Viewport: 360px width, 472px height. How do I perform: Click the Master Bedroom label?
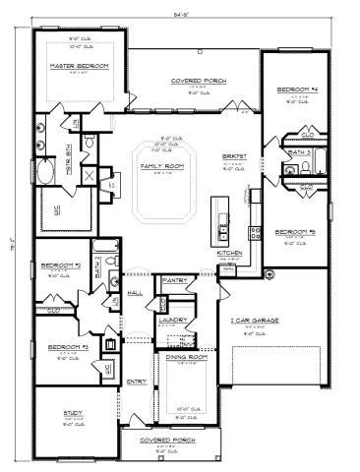pyautogui.click(x=78, y=66)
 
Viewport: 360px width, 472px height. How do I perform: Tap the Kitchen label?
pyautogui.click(x=229, y=253)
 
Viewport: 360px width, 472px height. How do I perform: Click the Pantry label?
pyautogui.click(x=175, y=280)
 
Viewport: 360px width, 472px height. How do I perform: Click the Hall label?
pyautogui.click(x=135, y=293)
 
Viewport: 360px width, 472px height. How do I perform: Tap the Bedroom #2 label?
pyautogui.click(x=60, y=265)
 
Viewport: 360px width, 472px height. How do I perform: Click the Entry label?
pyautogui.click(x=136, y=382)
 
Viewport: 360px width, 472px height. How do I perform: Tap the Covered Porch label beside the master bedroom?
pyautogui.click(x=193, y=82)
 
